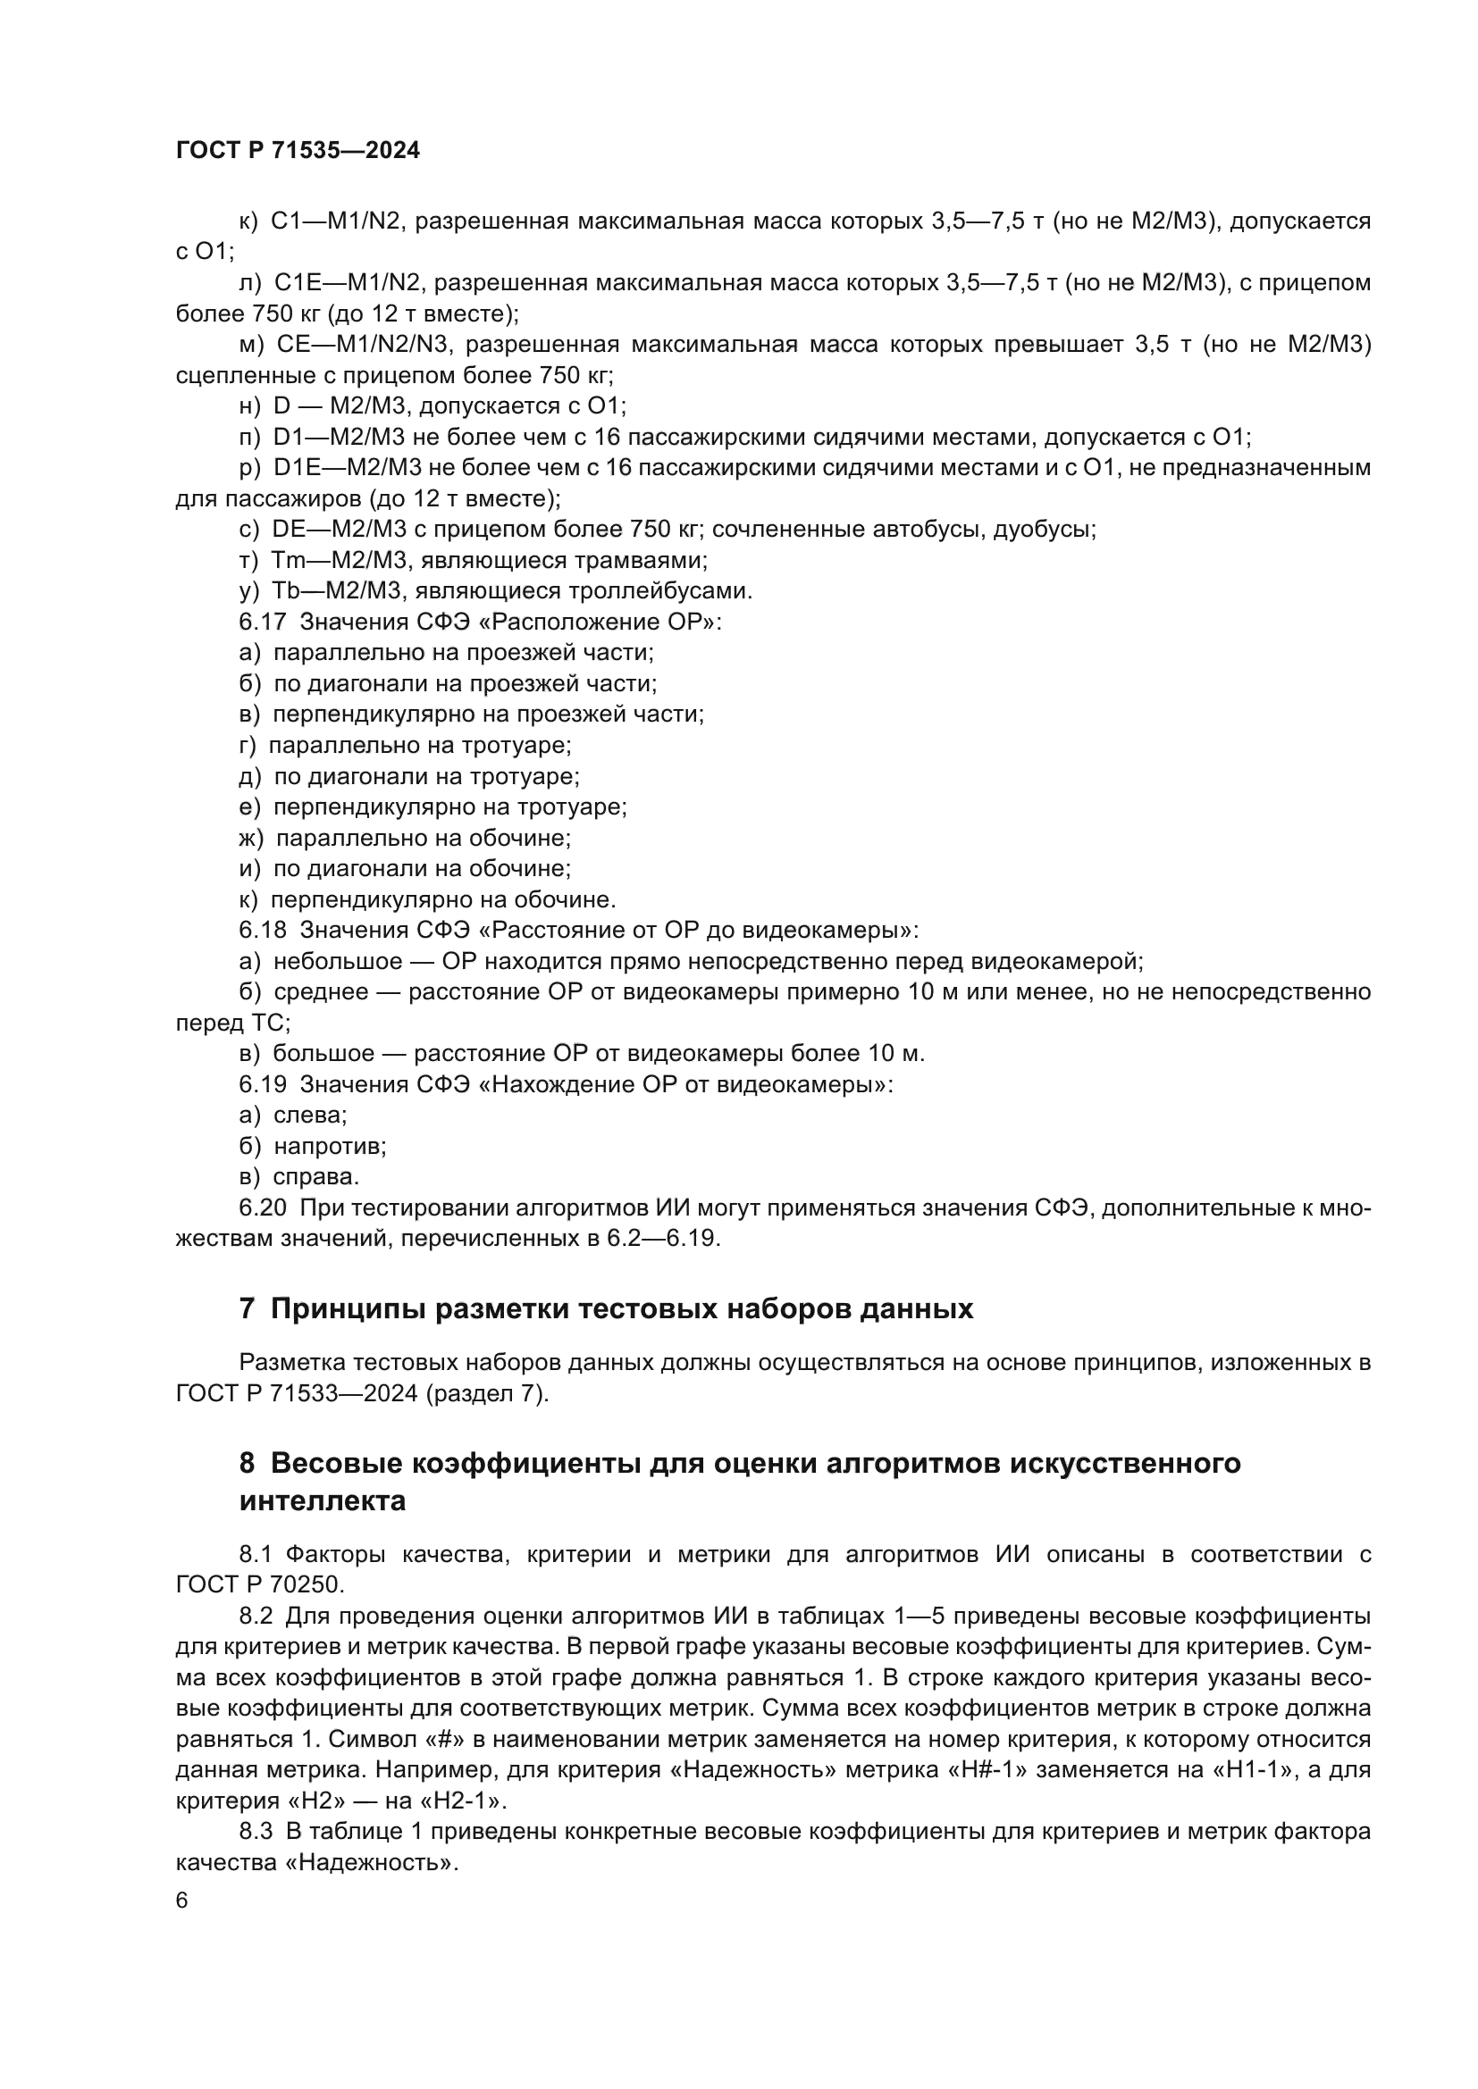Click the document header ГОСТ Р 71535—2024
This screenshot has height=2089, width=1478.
click(x=298, y=151)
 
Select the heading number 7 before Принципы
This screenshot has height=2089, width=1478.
click(x=247, y=1309)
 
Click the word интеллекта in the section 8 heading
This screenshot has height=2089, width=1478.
click(x=323, y=1501)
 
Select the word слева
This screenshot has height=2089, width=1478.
click(x=309, y=1116)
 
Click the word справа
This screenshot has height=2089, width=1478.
click(x=315, y=1177)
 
